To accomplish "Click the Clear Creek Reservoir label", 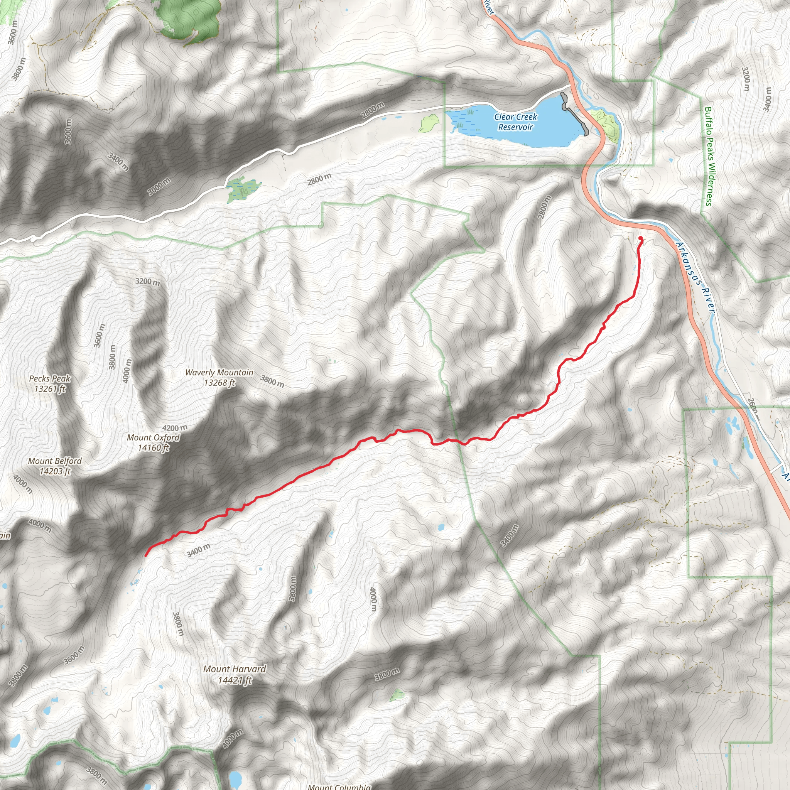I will (515, 122).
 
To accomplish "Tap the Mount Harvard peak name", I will (235, 669).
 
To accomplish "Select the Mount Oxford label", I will (154, 437).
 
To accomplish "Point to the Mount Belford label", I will (55, 461).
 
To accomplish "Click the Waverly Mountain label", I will (219, 373).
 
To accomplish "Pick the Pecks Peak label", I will (50, 379).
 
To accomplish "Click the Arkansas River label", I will (695, 278).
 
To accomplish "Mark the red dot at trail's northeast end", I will (640, 239).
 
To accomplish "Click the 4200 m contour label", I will (175, 428).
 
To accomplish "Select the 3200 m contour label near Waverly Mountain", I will (148, 282).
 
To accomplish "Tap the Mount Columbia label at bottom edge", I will (339, 787).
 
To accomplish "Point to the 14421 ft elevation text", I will (235, 680).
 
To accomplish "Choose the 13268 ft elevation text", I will (219, 383).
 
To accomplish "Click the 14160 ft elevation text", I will (154, 448).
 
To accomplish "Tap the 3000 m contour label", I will (159, 187).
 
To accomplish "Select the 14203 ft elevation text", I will (55, 471).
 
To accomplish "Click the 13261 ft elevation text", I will (50, 388).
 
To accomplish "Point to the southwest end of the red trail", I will (146, 556).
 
